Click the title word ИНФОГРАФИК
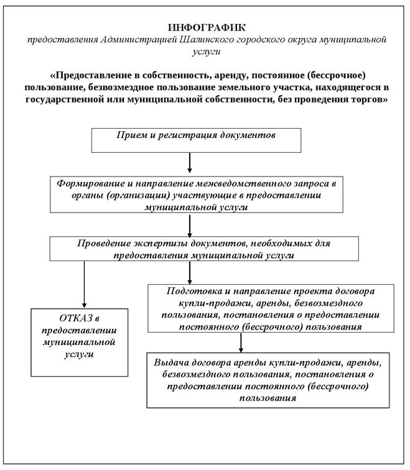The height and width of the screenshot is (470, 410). tap(207, 28)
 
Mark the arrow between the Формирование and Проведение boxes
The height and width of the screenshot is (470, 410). tap(189, 227)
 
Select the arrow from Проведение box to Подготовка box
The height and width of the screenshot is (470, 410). tap(189, 271)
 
